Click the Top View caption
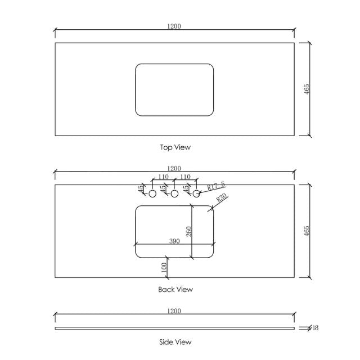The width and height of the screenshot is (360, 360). point(175,147)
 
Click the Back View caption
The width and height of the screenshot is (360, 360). point(175,290)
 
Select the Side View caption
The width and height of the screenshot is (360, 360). point(175,341)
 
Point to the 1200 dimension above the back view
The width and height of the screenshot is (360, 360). point(174,168)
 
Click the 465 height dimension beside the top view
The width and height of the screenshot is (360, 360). point(307,89)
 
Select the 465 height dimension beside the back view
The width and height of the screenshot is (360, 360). point(307,231)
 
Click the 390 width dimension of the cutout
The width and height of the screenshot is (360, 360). point(175,240)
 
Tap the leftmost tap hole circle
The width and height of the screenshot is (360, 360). point(152,193)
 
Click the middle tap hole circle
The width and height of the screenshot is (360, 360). point(174,193)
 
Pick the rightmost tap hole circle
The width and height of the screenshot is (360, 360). point(197,193)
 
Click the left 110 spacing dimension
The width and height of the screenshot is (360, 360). point(163,177)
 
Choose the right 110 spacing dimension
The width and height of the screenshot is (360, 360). point(186,177)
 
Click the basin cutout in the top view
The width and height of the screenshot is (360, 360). point(174,89)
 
